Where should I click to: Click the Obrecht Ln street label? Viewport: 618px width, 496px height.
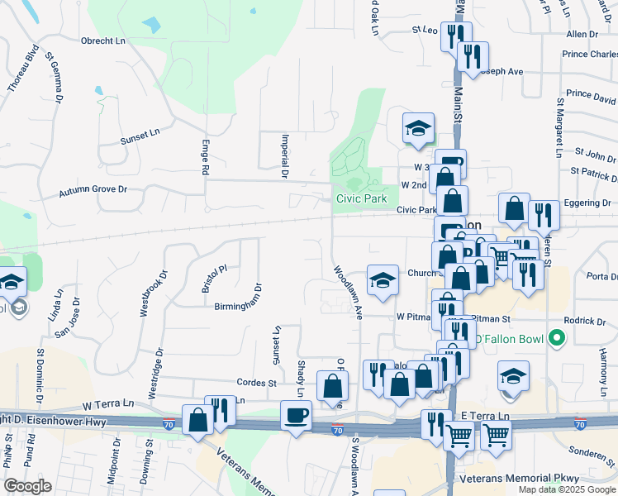click(102, 40)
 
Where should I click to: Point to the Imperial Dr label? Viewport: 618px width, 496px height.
click(283, 157)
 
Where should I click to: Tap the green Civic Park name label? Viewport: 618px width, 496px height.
click(361, 198)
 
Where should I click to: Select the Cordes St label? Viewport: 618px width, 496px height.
click(255, 383)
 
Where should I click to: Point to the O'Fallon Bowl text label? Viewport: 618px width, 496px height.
click(511, 339)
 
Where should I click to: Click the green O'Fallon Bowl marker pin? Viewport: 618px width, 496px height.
click(557, 338)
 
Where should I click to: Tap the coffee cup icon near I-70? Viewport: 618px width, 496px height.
click(296, 414)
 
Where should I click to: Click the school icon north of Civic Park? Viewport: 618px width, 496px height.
click(418, 128)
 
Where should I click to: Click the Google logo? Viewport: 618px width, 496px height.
click(27, 485)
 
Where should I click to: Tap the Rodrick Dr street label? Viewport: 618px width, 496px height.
click(585, 321)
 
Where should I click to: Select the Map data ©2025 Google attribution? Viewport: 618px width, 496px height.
click(566, 489)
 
